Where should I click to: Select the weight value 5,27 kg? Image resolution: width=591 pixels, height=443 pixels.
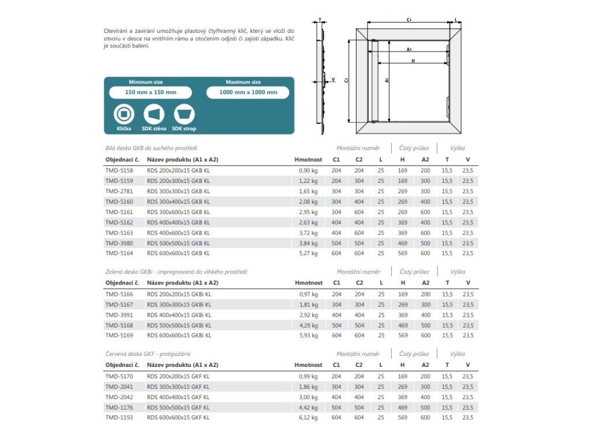[308, 253]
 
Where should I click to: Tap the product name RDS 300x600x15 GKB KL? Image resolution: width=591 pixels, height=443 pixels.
[178, 212]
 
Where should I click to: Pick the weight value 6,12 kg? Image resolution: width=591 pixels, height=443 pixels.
[308, 417]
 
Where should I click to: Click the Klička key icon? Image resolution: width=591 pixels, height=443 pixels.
[124, 113]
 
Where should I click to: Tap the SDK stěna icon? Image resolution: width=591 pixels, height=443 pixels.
[154, 113]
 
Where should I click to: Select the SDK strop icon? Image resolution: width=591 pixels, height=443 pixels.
[184, 113]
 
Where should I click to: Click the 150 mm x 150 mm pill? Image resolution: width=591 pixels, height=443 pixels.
[151, 92]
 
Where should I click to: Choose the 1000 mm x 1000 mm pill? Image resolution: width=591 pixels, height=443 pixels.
[248, 92]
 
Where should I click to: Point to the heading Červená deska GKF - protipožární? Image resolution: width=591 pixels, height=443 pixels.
[148, 354]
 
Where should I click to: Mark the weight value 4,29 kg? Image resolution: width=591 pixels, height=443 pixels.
[308, 325]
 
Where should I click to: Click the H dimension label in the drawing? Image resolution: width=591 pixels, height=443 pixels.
[413, 61]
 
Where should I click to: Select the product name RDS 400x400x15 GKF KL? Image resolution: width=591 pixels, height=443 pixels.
[178, 397]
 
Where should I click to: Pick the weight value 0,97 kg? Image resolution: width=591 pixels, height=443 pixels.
[308, 294]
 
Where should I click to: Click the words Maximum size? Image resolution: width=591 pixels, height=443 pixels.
[243, 82]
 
